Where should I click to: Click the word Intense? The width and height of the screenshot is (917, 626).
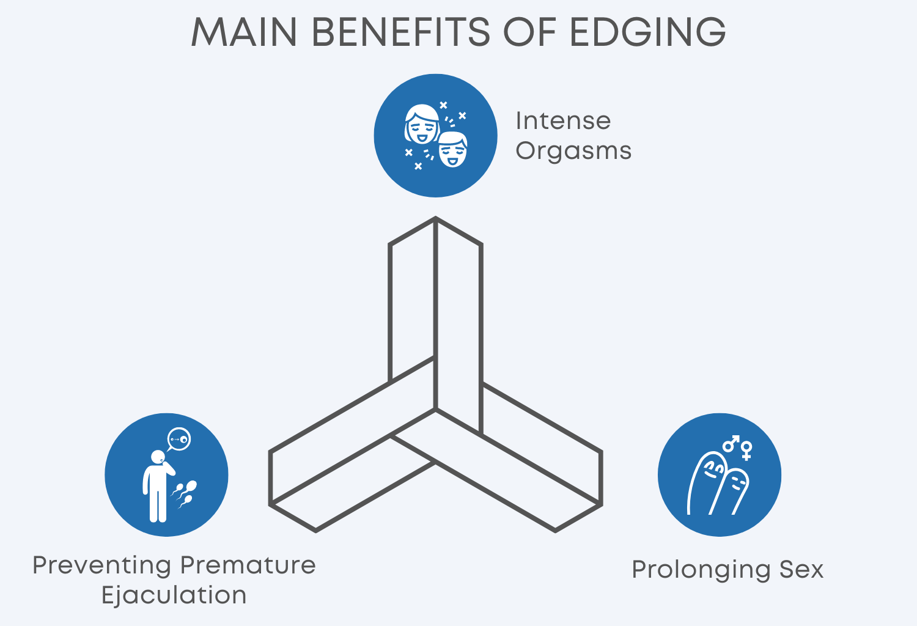click(x=563, y=121)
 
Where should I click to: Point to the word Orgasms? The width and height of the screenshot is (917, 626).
click(x=573, y=151)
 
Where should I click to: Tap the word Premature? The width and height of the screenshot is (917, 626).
click(x=248, y=565)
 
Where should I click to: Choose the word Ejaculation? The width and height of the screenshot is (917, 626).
click(x=174, y=595)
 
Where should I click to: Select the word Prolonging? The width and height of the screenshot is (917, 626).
click(x=701, y=570)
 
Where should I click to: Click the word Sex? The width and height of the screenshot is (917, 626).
click(x=801, y=570)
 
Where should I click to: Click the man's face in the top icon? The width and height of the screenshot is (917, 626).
click(x=453, y=149)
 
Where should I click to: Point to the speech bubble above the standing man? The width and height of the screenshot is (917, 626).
click(x=179, y=439)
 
